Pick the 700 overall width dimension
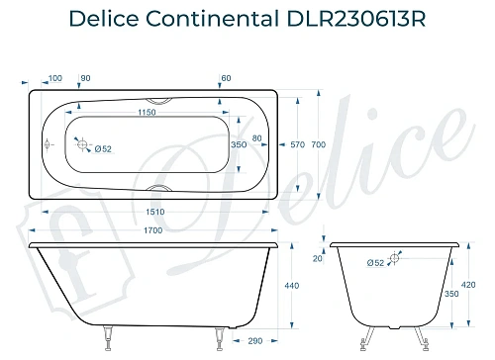click(318, 145)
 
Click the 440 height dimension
click(291, 286)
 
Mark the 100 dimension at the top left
click(54, 77)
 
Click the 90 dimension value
click(85, 77)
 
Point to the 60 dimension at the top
click(226, 77)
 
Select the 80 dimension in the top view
click(258, 137)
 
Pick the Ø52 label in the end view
click(375, 263)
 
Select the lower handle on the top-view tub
click(157, 188)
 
